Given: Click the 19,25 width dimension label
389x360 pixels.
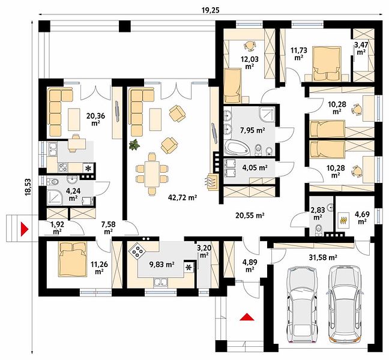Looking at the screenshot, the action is [210, 10].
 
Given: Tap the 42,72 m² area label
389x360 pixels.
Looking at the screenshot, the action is [182, 197].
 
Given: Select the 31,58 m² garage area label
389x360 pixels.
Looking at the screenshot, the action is [322, 257].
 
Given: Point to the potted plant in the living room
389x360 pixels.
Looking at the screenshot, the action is [134, 145].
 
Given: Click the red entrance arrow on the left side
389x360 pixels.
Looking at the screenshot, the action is [24, 229].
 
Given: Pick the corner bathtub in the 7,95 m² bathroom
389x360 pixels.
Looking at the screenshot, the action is [237, 148].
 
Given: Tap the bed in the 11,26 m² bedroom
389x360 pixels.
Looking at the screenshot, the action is [73, 260].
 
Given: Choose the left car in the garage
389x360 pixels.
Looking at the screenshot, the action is [302, 305].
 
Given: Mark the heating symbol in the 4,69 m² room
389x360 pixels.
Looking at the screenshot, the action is [343, 220].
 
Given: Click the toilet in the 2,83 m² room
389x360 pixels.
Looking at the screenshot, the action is [318, 230].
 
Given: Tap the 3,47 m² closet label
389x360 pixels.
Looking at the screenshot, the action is [361, 49].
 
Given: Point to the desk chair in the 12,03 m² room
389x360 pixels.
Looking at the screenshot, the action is [249, 45].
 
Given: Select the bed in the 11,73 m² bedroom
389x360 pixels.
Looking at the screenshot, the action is [326, 63].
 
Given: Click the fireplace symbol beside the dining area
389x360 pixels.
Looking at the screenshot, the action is [211, 181].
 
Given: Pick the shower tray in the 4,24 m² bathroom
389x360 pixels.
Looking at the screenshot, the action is [54, 197].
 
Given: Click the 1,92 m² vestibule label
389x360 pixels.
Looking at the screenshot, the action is [57, 228].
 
